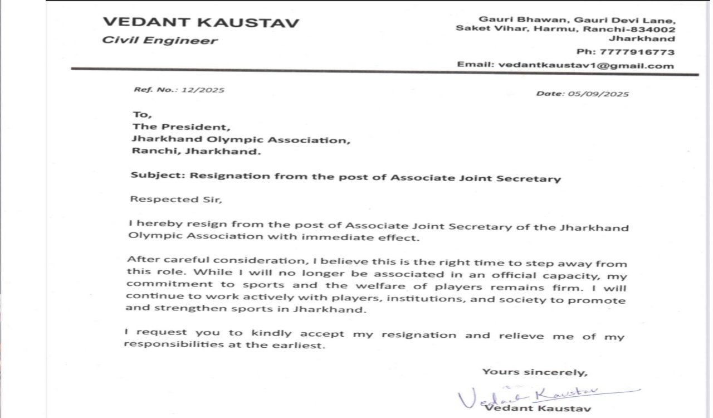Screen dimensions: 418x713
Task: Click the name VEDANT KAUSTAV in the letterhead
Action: tap(201, 23)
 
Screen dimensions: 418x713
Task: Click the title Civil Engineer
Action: tap(160, 41)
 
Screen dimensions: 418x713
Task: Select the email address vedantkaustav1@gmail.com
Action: tap(586, 65)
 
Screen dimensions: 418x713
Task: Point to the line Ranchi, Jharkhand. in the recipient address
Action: tap(196, 152)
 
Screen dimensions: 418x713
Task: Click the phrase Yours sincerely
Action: tap(534, 372)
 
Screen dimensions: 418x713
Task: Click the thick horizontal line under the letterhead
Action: tap(384, 71)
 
